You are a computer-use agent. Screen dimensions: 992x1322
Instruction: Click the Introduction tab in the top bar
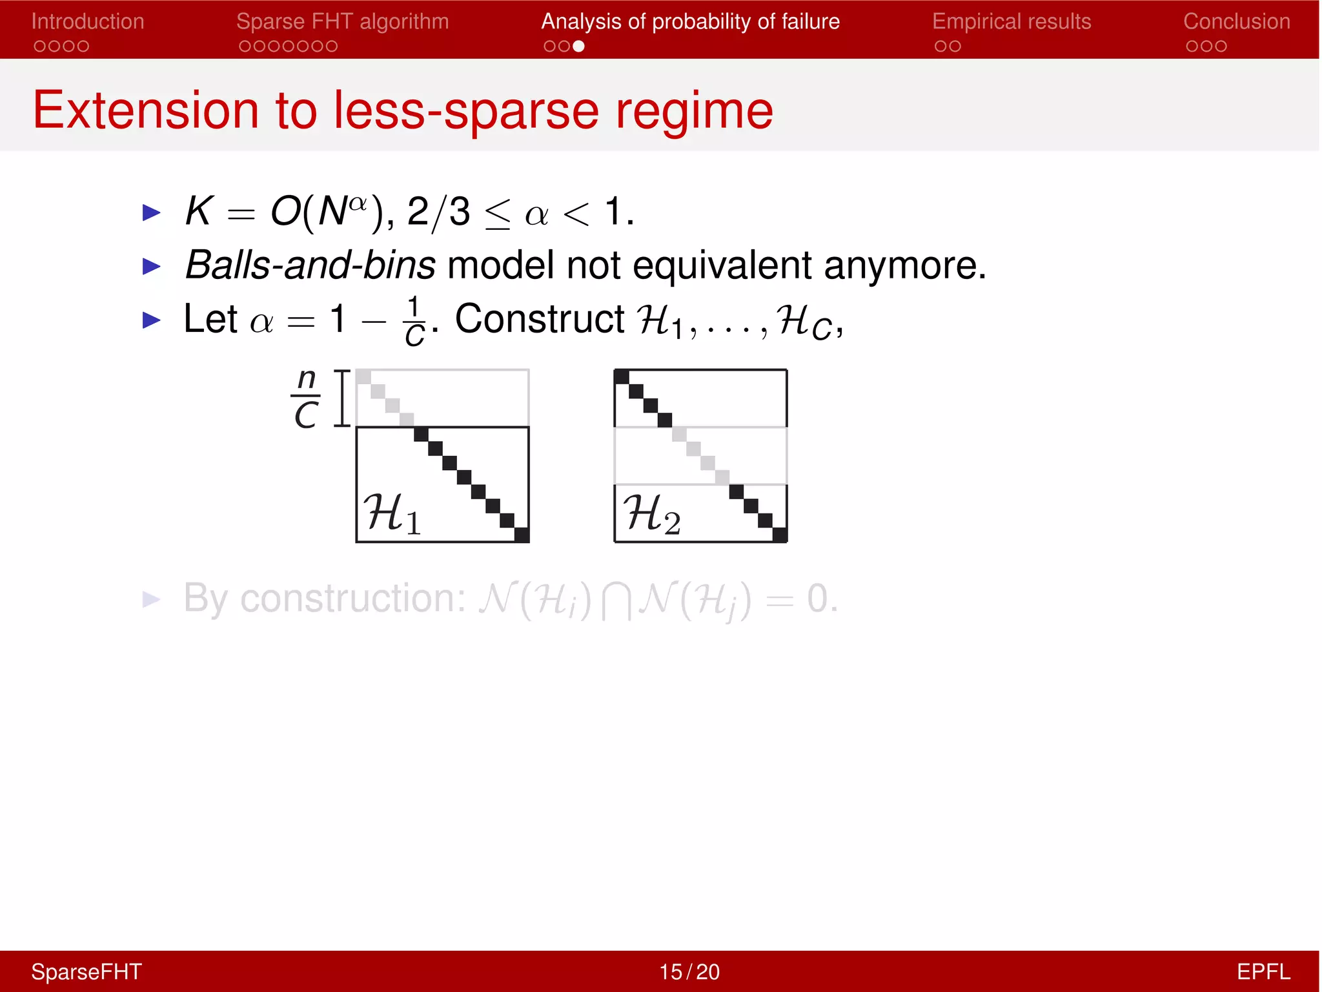(88, 21)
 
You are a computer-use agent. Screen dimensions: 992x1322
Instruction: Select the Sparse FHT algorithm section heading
(342, 21)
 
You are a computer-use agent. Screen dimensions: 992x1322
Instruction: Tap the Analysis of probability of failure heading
(690, 21)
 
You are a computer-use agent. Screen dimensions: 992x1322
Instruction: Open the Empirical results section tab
(1012, 21)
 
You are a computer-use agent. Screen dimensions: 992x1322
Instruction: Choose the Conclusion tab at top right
(1236, 21)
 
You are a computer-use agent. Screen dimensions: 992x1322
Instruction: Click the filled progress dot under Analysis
(578, 46)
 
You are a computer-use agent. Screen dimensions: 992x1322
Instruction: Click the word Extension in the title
(146, 110)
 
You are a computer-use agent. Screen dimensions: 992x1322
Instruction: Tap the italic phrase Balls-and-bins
(310, 265)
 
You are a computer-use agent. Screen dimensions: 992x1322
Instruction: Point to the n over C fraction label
(306, 398)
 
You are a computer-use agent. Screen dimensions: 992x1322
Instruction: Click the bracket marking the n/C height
(342, 398)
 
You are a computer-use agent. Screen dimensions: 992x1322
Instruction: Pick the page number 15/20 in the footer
(689, 971)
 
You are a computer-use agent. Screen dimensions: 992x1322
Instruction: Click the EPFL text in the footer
(1263, 971)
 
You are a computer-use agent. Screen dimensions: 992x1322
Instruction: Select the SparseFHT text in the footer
(86, 971)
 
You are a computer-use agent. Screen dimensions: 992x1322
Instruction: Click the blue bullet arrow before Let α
(151, 320)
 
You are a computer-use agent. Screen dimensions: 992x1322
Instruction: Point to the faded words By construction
(324, 598)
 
